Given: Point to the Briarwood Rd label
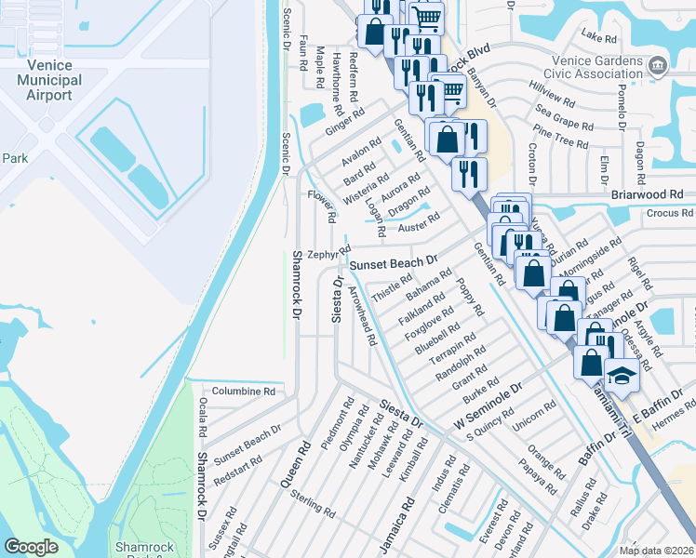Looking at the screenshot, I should tap(648, 195).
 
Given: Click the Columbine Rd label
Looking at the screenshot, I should tap(244, 392).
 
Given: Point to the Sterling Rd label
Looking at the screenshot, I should tap(312, 504).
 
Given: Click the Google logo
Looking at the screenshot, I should tap(31, 547).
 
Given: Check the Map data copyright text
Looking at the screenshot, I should tap(656, 551).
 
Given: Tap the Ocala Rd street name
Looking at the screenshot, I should tap(202, 418).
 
